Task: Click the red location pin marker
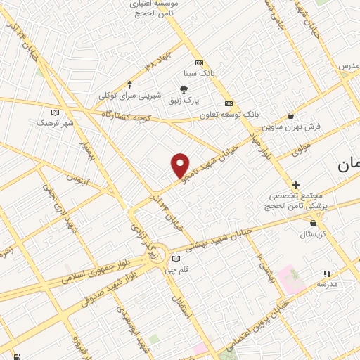point(181,165)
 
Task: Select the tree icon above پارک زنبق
point(184,89)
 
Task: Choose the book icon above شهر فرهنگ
point(56,110)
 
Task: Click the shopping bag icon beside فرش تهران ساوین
point(290,115)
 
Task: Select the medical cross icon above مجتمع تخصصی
point(295,184)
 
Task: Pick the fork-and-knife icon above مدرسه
point(326,273)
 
